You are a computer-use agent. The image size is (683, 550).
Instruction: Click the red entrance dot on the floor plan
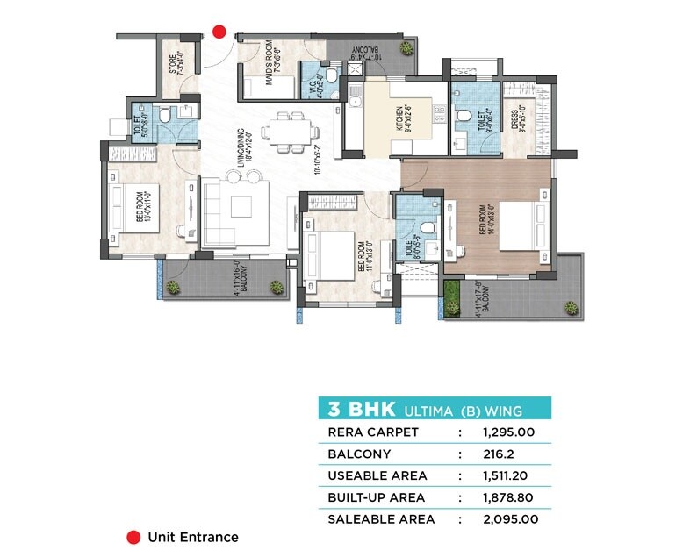[x=219, y=32]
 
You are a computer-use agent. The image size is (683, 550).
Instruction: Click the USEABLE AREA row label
[x=377, y=475]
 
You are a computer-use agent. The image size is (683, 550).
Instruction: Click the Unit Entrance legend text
[x=192, y=537]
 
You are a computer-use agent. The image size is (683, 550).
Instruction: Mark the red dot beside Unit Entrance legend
[x=133, y=537]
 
